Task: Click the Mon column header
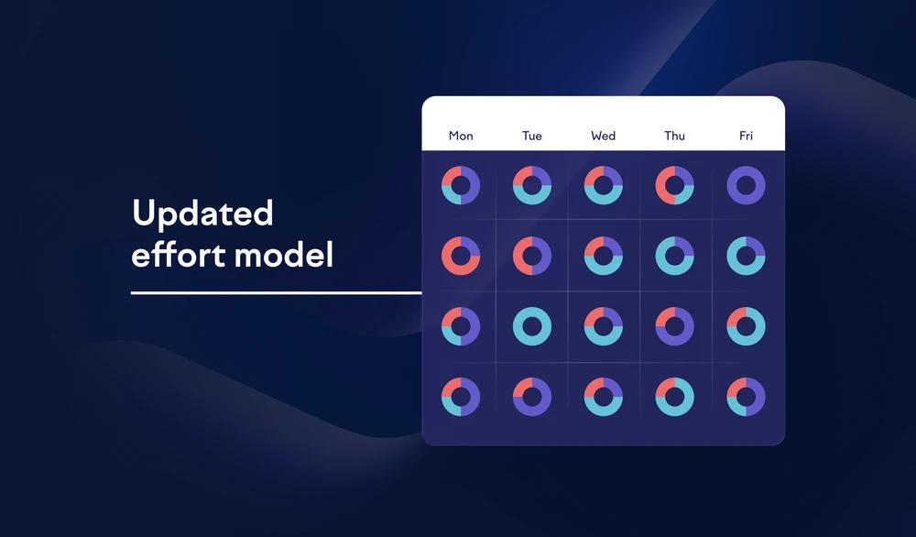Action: coord(461,137)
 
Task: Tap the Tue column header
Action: coord(531,137)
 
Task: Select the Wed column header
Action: coord(603,137)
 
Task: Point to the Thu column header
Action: coord(674,137)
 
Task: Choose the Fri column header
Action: coord(746,137)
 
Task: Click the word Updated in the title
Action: coord(202,214)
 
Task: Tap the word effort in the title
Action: coord(178,255)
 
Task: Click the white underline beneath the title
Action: coord(277,292)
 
